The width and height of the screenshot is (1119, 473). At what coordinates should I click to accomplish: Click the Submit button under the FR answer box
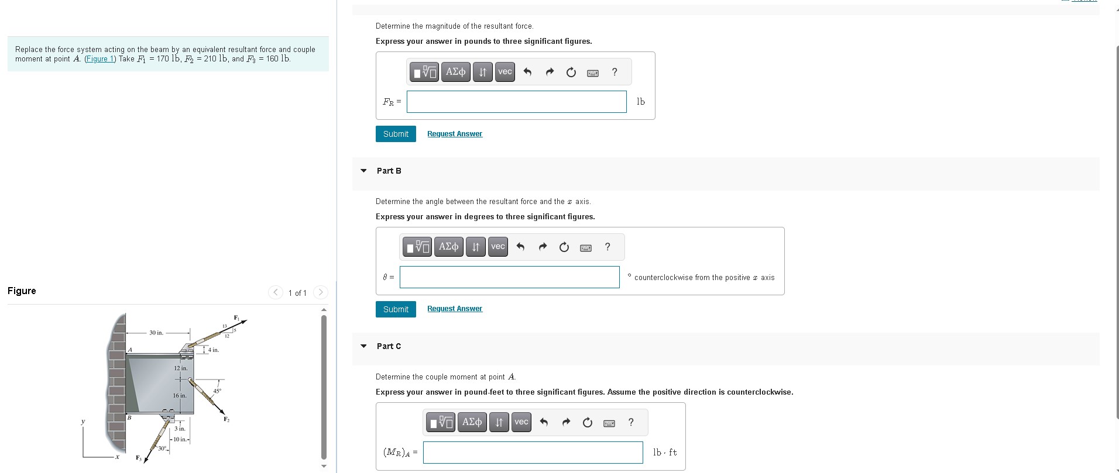tap(396, 134)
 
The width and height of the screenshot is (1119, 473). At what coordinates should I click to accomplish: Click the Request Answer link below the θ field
tap(454, 309)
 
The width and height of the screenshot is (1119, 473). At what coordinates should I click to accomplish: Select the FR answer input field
tap(516, 102)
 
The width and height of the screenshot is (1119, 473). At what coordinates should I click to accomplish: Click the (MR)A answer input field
tap(533, 453)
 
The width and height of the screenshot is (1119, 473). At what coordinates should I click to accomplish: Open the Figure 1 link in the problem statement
tap(100, 59)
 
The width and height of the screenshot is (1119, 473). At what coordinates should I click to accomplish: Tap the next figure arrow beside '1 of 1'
tap(321, 292)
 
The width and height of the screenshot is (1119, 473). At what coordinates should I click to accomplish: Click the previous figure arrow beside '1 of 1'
tap(276, 292)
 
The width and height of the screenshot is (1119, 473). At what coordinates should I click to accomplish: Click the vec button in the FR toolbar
tap(504, 72)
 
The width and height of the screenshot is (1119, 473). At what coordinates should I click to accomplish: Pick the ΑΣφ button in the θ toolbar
tap(448, 247)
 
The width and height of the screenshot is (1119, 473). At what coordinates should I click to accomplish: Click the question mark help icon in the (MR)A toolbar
tap(630, 422)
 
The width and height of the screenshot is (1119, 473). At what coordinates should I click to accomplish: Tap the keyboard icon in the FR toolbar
tap(592, 72)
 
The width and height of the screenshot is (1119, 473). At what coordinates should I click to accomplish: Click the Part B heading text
tap(389, 171)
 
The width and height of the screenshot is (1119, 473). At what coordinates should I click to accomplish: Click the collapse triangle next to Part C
tap(363, 346)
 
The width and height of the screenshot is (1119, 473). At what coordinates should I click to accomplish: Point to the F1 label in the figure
tap(236, 317)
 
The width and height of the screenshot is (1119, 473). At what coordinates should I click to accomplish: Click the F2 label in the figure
tap(226, 419)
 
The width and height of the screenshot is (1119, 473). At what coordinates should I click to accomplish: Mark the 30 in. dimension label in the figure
tap(156, 333)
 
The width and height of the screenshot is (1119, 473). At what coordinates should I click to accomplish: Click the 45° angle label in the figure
tap(217, 391)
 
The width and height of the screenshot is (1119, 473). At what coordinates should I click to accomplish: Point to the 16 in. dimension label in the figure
tap(179, 396)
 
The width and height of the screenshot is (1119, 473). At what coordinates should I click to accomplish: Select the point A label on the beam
tap(130, 350)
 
